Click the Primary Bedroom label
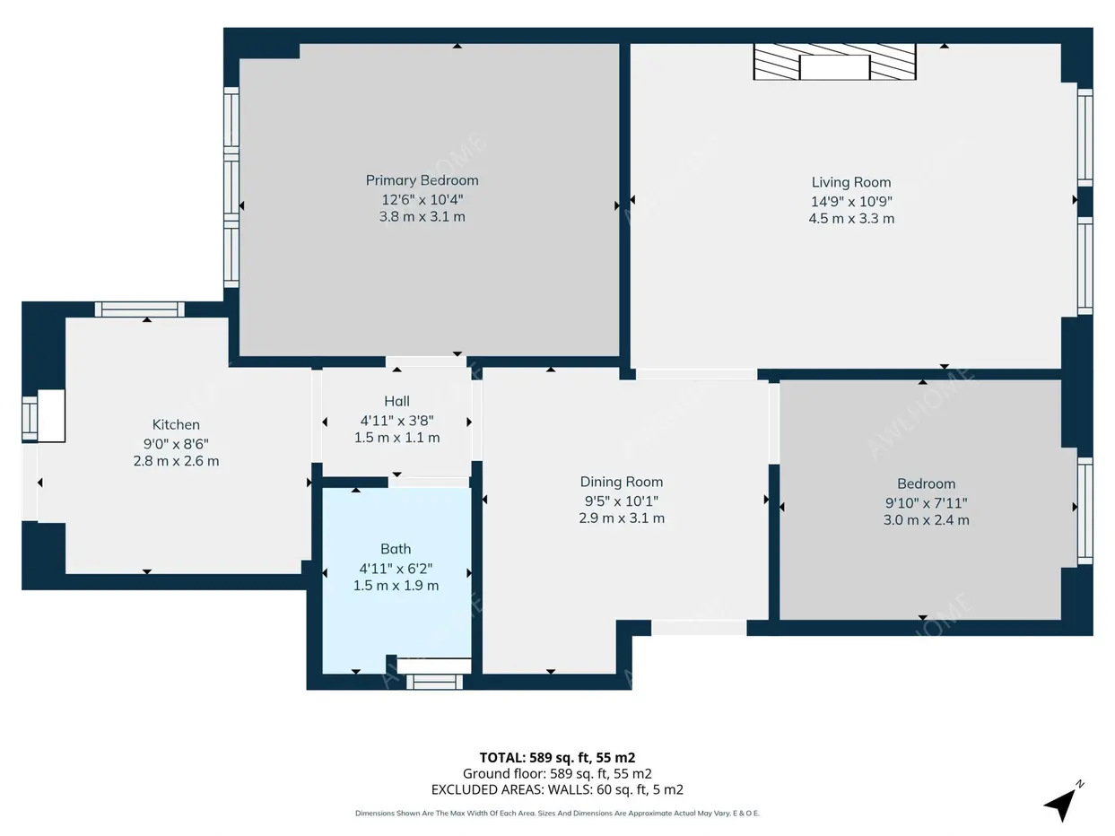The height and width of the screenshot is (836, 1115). pos(422,180)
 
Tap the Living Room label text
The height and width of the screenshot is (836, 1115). pos(851,182)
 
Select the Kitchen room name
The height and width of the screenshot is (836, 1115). pos(176,424)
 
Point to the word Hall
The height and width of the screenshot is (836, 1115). pos(396,401)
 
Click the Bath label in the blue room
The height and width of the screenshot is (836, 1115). pos(396,549)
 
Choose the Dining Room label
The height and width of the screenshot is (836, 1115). pos(622,482)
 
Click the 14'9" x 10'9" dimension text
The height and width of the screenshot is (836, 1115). pos(851,202)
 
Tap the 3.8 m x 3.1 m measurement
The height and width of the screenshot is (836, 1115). pos(422,217)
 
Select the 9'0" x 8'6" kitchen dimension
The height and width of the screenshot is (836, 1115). pos(176,444)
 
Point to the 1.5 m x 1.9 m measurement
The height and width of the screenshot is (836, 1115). pos(396,586)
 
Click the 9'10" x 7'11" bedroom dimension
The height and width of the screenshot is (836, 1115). pos(926,503)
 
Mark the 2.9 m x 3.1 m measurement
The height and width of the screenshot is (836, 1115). pos(622,518)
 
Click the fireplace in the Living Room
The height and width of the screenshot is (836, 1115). pos(834,62)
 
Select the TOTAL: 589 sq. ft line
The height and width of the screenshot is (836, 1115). pos(557,758)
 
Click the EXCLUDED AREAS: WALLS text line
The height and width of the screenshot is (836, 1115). pos(557,789)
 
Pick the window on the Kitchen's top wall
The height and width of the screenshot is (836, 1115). pos(140,309)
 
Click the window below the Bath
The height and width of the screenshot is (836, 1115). pos(434,682)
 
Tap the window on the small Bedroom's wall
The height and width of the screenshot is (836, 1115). pos(1085,510)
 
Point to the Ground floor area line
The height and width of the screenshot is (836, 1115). pos(557,774)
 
